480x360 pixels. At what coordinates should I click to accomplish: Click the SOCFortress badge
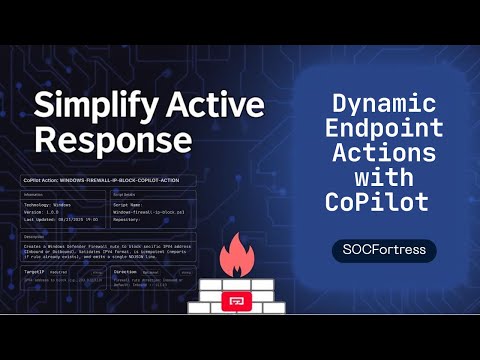384,250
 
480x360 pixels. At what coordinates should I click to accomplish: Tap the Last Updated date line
65,221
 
